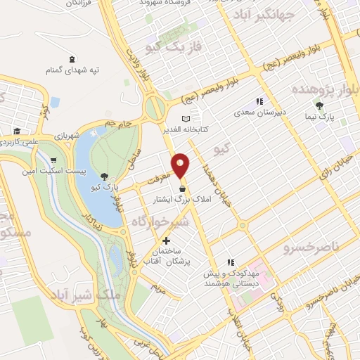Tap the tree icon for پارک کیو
click(105, 176)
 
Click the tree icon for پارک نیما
click(320, 106)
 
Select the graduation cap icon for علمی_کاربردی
click(15, 131)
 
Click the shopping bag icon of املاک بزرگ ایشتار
click(183, 188)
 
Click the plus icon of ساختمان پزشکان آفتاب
click(166, 240)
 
